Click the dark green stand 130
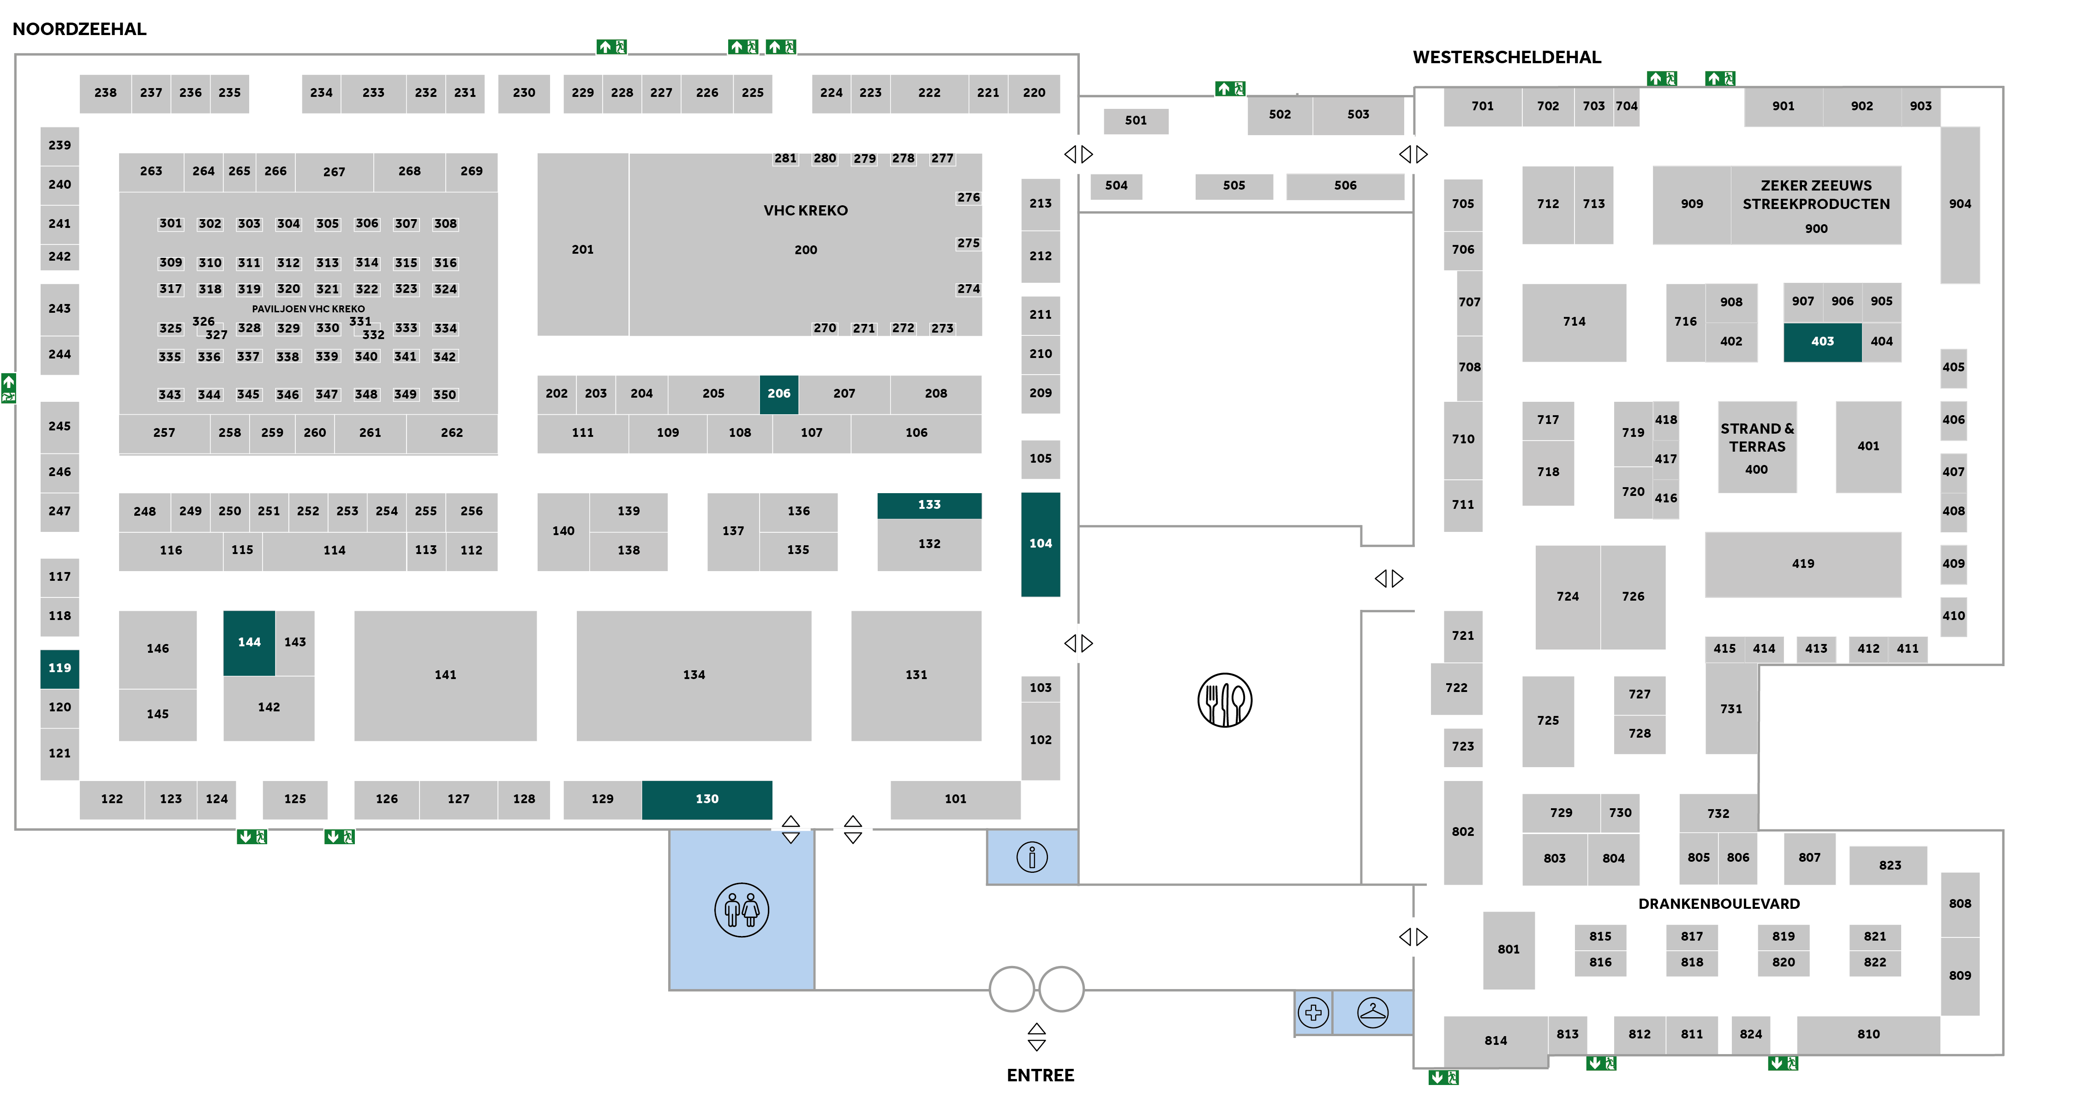point(707,799)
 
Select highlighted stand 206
point(778,394)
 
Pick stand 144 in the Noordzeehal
point(249,642)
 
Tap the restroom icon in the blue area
point(742,910)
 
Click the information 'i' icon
point(1032,856)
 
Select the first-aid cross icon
point(1313,1012)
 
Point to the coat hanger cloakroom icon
point(1372,1012)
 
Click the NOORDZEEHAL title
point(79,29)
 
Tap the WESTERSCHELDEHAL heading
point(1507,57)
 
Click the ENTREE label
point(1040,1075)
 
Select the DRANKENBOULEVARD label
point(1718,903)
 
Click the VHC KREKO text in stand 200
point(805,210)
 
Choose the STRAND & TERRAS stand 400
point(1756,447)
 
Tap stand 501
point(1135,120)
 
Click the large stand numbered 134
point(694,674)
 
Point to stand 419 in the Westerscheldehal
point(1802,564)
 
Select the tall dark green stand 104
point(1040,543)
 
